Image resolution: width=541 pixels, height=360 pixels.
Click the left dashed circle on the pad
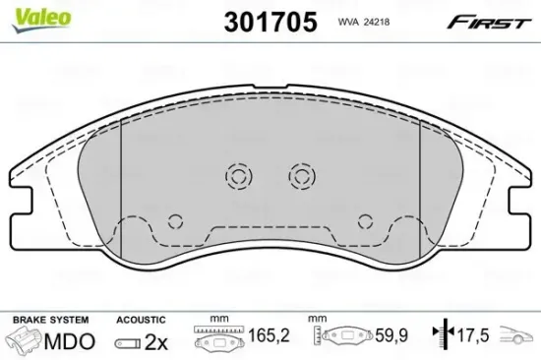click(238, 176)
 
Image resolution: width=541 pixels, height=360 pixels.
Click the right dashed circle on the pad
click(300, 176)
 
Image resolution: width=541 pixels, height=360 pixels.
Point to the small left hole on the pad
click(175, 220)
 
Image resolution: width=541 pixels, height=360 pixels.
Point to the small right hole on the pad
click(365, 220)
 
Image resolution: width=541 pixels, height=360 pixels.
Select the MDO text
click(70, 342)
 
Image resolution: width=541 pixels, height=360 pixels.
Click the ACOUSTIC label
click(141, 321)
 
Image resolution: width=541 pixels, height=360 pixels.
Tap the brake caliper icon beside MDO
click(28, 342)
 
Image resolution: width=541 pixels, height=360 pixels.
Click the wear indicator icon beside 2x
click(127, 342)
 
